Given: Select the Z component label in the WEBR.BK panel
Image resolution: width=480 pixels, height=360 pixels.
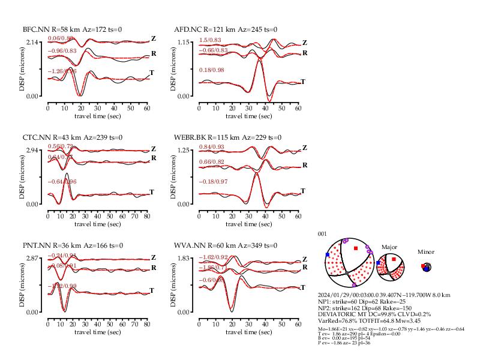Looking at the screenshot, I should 304,148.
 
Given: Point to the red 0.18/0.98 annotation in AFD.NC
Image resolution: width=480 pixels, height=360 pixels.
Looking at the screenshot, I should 210,71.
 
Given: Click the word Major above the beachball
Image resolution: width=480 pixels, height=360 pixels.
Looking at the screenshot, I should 390,247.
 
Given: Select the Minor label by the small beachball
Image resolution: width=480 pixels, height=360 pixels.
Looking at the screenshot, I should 426,252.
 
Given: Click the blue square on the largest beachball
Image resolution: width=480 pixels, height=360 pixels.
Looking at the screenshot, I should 328,255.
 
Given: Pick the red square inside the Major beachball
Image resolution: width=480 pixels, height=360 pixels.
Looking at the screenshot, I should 394,259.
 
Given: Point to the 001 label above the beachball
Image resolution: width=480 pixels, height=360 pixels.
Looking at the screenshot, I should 323,234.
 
